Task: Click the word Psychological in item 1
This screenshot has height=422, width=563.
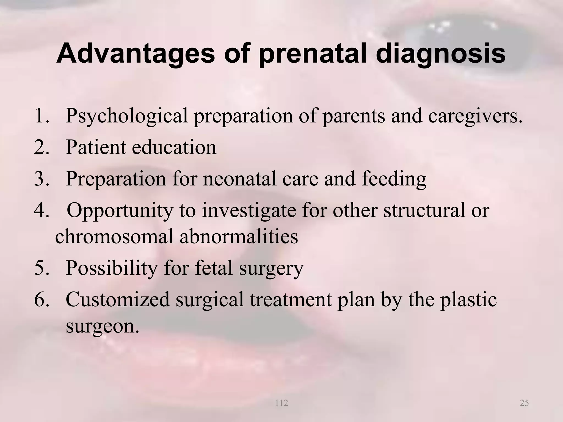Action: pyautogui.click(x=126, y=116)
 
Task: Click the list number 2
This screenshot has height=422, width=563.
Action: pyautogui.click(x=42, y=147)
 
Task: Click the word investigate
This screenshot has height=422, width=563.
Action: pyautogui.click(x=249, y=211)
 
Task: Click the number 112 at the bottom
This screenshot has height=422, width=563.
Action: pyautogui.click(x=281, y=403)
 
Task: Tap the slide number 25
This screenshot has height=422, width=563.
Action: pyautogui.click(x=524, y=403)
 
